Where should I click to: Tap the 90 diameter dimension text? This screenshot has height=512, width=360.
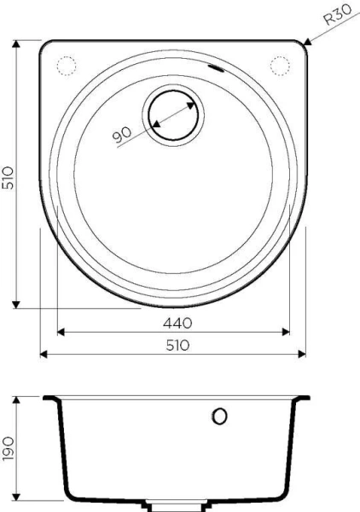121,134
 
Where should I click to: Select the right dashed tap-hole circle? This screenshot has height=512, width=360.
280,65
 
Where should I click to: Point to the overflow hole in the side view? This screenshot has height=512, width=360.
219,416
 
